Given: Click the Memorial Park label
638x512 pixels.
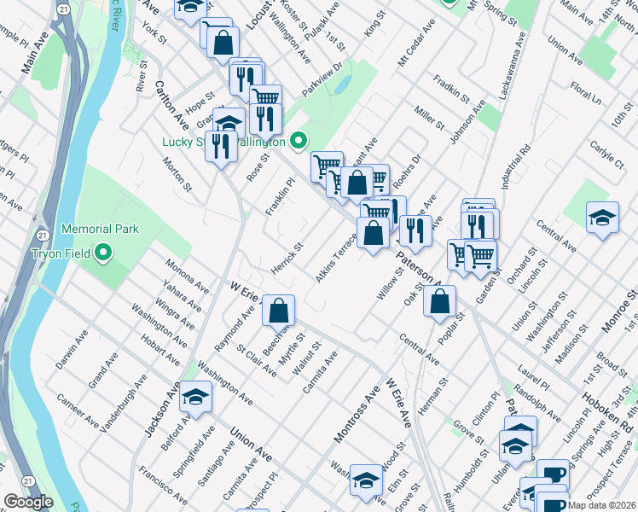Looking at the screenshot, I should pos(99,229).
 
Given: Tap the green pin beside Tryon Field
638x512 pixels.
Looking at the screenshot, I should pos(103,253).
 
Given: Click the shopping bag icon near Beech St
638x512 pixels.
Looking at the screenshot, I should pos(278,311).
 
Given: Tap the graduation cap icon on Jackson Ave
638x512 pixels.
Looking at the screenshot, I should pos(196,398).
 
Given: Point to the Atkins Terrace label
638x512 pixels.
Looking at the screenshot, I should pos(335,258).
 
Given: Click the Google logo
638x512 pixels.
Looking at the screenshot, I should pos(28,503).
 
